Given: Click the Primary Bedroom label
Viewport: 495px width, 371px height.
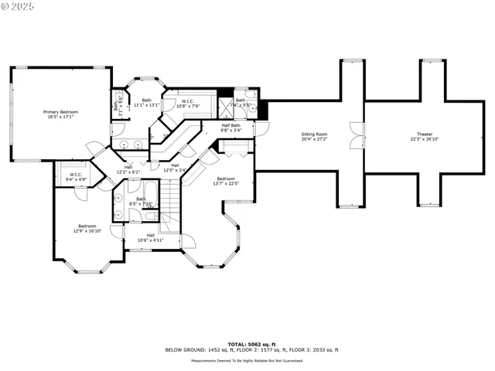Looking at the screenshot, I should coord(60,114).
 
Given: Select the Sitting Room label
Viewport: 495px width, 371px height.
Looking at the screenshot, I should coord(314,138).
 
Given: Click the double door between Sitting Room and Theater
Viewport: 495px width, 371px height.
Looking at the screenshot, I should coord(355,136).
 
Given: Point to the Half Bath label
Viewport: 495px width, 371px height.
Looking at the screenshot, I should coord(231,128).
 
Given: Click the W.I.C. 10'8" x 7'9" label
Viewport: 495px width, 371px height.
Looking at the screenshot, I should coord(189,104).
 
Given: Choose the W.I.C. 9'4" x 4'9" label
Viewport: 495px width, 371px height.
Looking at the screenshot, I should coord(76,177).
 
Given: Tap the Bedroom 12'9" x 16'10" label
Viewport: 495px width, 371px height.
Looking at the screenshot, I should coord(87,229).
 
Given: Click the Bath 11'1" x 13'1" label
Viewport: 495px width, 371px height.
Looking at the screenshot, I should coord(146,102).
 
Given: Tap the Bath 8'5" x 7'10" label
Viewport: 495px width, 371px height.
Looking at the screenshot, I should coord(141,201).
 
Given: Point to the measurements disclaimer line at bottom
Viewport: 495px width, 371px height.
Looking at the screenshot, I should coord(247,360).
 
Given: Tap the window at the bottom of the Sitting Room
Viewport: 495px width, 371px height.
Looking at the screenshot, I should coord(350,206).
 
